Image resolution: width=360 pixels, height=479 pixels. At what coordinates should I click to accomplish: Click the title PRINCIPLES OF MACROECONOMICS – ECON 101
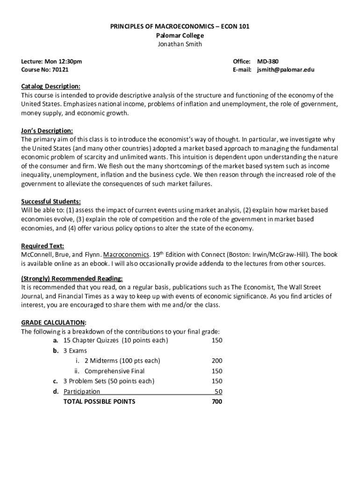click(180, 27)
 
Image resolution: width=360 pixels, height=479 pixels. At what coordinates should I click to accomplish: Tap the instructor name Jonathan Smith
click(180, 44)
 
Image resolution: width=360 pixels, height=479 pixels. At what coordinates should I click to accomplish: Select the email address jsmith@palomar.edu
click(286, 70)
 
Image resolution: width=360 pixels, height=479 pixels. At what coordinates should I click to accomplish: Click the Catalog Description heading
click(51, 87)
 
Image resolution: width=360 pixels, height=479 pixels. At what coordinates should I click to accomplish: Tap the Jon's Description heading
click(47, 131)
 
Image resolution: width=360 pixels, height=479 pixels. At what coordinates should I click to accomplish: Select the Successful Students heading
click(51, 202)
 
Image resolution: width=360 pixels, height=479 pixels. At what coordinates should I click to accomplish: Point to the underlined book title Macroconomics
click(126, 255)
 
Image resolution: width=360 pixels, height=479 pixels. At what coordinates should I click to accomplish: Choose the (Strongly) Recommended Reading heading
click(72, 279)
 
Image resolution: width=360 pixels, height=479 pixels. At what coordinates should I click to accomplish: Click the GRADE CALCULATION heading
click(53, 323)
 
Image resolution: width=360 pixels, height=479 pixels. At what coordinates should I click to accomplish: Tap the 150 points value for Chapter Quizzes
click(216, 341)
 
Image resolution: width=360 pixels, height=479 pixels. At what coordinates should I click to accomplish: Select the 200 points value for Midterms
click(216, 361)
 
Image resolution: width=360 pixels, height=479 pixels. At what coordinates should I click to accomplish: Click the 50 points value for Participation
click(218, 392)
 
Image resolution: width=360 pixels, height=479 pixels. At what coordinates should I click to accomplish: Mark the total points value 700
click(216, 402)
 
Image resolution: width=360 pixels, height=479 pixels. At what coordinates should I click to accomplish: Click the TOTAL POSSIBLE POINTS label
click(99, 402)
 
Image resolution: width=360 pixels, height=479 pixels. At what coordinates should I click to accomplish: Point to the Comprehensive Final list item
click(115, 371)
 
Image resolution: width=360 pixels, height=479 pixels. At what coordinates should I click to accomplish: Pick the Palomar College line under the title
click(180, 36)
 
